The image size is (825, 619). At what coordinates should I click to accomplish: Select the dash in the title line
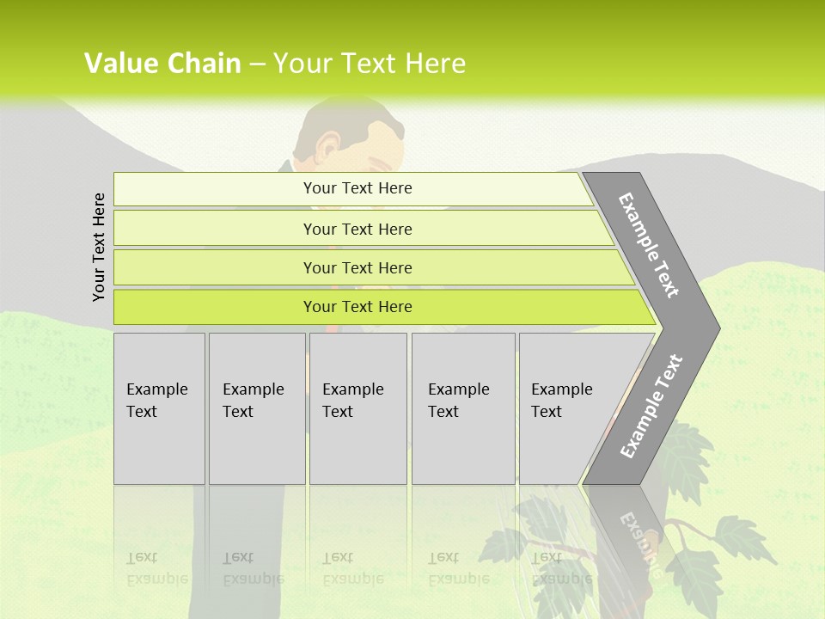click(257, 64)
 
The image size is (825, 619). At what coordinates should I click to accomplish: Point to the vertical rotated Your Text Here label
click(99, 247)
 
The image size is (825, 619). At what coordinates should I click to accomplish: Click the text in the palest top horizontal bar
click(357, 188)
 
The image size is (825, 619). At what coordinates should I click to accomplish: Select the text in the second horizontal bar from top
click(357, 229)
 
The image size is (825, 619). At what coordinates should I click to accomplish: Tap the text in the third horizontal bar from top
click(357, 267)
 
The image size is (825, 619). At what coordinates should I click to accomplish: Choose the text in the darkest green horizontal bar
click(357, 306)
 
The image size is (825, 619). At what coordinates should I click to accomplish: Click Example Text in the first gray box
click(156, 400)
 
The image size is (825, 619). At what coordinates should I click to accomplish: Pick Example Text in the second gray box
click(253, 400)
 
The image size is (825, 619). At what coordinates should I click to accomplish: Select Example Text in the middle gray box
click(352, 400)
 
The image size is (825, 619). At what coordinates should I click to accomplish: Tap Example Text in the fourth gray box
click(458, 400)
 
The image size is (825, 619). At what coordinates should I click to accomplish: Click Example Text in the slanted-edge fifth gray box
click(561, 400)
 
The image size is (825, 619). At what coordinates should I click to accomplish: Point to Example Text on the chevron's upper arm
click(649, 245)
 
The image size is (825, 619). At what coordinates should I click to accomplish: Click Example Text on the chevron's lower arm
click(651, 407)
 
